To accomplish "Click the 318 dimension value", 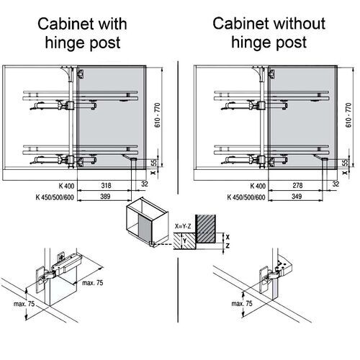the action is (x=106, y=186).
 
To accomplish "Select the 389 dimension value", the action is (x=105, y=197).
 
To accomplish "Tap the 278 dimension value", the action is (x=297, y=186).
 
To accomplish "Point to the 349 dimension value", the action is (x=297, y=197).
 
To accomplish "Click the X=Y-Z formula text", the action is (x=183, y=226).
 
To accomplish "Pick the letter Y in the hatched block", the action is (x=184, y=240).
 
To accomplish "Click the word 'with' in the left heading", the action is (x=111, y=24).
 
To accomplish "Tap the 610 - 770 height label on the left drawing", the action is (x=158, y=115).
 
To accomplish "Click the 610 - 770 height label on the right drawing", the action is (x=348, y=115).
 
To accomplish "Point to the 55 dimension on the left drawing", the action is (x=155, y=163).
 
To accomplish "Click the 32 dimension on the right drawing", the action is (x=336, y=184).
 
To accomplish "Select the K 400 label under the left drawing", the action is (x=66, y=186).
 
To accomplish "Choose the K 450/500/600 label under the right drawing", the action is (x=246, y=197).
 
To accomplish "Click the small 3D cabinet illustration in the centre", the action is (x=146, y=222).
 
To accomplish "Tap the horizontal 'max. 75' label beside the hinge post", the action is (x=93, y=283).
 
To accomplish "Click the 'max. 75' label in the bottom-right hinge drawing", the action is (x=242, y=304).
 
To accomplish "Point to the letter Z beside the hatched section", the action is (x=228, y=246).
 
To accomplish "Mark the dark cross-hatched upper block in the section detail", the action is (x=205, y=228).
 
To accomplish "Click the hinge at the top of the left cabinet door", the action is (x=81, y=73).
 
